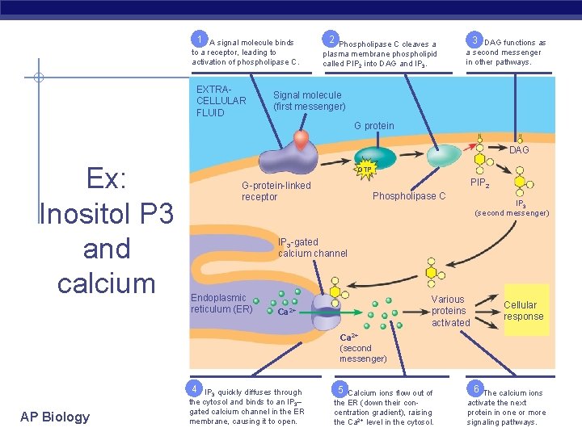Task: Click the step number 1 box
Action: [x=198, y=39]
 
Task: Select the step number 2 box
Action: [x=330, y=39]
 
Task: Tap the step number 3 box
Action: [x=477, y=39]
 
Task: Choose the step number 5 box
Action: [x=341, y=388]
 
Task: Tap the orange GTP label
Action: [x=365, y=170]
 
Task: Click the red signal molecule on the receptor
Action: [x=301, y=140]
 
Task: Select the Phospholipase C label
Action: [x=408, y=196]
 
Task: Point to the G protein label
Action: [x=374, y=126]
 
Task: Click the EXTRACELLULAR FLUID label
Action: [x=221, y=101]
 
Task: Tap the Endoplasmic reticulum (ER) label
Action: [x=221, y=304]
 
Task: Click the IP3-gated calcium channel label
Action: [x=312, y=248]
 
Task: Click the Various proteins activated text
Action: [x=449, y=311]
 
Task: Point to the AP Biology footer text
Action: [x=55, y=417]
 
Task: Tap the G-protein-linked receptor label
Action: [x=276, y=191]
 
